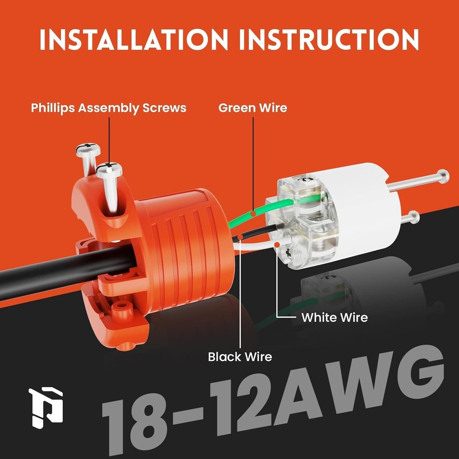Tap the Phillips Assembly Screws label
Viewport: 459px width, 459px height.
coord(109,108)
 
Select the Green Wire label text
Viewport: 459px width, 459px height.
coord(253,108)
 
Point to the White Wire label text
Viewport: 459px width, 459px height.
coord(334,317)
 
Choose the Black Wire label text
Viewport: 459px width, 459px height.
coord(240,356)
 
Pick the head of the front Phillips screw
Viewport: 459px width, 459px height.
coord(109,169)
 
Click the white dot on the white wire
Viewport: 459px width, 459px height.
coord(277,244)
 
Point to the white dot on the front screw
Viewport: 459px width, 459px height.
coord(109,168)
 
